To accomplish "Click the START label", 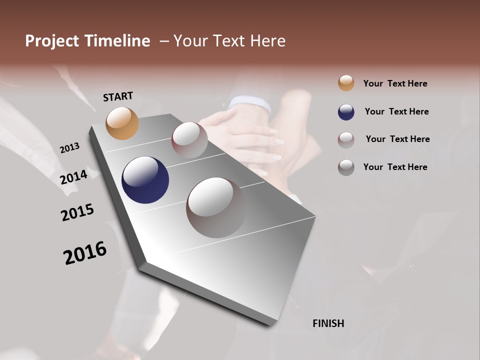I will coord(118,96).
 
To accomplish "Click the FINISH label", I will coord(328,323).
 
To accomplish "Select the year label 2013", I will coord(70,148).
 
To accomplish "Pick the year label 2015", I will coord(77,212).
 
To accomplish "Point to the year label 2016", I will coord(85,253).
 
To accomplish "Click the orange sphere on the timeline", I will coord(122,123).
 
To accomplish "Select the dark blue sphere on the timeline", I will coord(145,180).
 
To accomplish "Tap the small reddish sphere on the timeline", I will coord(189,139).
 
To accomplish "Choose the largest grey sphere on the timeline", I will coord(216,207).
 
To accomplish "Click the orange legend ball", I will coord(346,83).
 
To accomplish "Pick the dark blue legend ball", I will coord(346,112).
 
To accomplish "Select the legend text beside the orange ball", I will coord(395,83).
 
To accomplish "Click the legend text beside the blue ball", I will coord(396,111).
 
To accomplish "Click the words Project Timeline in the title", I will coord(87,41).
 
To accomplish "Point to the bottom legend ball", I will coord(346,167).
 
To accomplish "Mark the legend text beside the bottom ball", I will coord(395,167).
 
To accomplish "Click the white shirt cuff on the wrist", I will coord(249,104).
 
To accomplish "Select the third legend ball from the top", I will coord(346,140).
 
